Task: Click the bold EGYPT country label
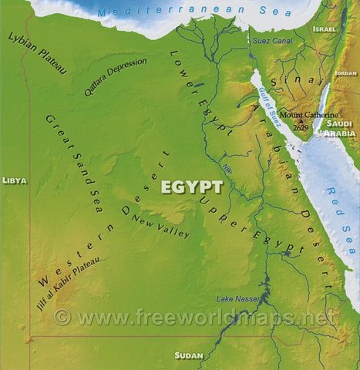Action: click(192, 187)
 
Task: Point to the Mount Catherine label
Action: click(301, 115)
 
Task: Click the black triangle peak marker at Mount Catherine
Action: click(301, 121)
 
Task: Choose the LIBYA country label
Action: click(14, 180)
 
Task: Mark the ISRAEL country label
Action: click(325, 29)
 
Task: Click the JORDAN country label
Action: click(345, 73)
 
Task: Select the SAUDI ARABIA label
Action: click(341, 128)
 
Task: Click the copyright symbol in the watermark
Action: click(62, 316)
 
